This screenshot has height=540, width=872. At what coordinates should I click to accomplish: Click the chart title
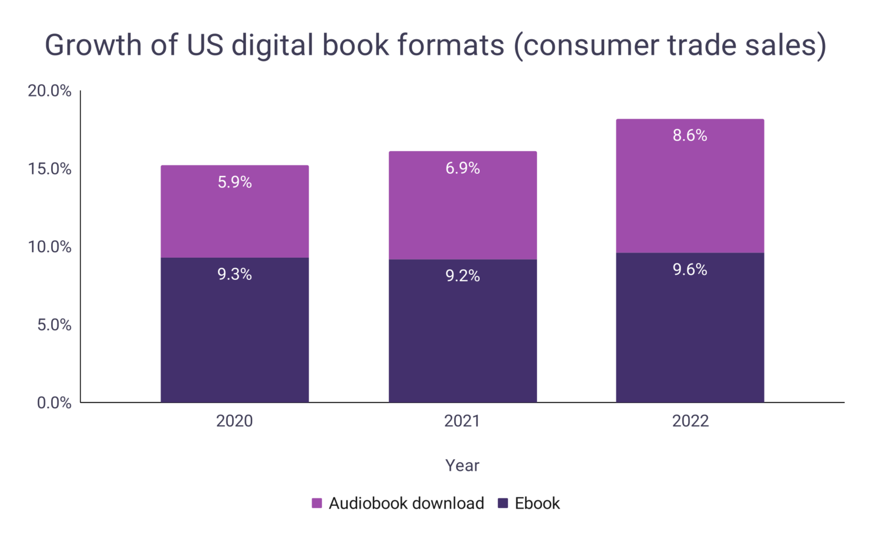pyautogui.click(x=435, y=45)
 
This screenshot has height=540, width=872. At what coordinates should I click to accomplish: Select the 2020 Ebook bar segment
pyautogui.click(x=234, y=335)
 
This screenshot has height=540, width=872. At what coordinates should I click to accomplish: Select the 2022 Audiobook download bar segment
pyautogui.click(x=690, y=193)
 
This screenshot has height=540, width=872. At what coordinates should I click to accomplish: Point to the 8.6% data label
pyautogui.click(x=690, y=136)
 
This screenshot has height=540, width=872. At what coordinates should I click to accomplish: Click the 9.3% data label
pyautogui.click(x=234, y=274)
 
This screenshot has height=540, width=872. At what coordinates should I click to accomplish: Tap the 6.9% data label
pyautogui.click(x=462, y=168)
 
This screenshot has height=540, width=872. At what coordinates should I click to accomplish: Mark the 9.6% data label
pyautogui.click(x=690, y=270)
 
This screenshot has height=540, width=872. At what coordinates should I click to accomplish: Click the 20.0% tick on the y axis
pyautogui.click(x=50, y=91)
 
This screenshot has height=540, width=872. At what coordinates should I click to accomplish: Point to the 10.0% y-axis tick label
pyautogui.click(x=50, y=247)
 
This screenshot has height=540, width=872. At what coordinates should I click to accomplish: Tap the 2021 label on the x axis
pyautogui.click(x=462, y=421)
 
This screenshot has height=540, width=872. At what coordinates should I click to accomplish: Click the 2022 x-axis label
pyautogui.click(x=690, y=421)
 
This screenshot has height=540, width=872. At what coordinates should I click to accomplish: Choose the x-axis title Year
pyautogui.click(x=462, y=466)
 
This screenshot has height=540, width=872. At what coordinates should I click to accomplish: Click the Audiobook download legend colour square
pyautogui.click(x=317, y=503)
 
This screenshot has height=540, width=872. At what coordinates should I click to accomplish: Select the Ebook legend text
pyautogui.click(x=537, y=503)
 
